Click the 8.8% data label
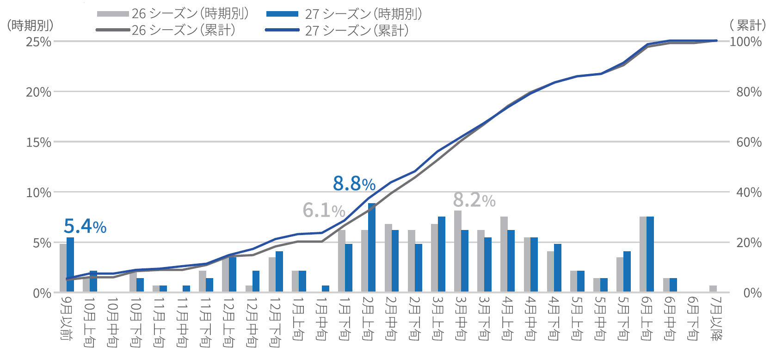point(354,184)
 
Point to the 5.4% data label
point(85,226)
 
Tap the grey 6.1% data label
point(324,211)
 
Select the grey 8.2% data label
point(474,200)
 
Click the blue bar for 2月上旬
point(372,248)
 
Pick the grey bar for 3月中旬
point(457,251)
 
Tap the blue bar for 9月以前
point(70,265)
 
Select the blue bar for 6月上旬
point(650,254)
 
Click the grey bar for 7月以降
point(713,289)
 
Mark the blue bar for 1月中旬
point(326,289)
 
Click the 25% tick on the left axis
point(38,42)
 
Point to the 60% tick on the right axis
point(749,142)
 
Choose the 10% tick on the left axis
point(38,192)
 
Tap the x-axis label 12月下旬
point(275,322)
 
